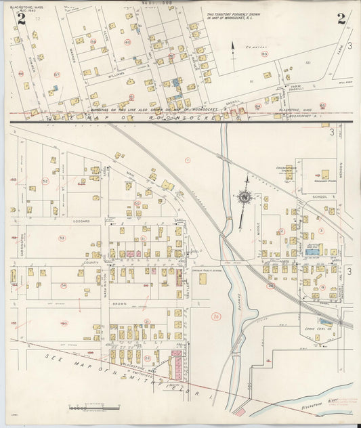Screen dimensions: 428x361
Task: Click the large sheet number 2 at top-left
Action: tap(22, 18)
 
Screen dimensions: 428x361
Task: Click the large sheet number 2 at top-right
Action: tap(341, 18)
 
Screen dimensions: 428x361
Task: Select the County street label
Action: tap(91, 262)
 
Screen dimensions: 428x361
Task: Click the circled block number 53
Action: tap(62, 238)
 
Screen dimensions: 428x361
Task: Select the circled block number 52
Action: tap(45, 181)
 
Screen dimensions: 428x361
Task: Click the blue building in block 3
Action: tap(313, 251)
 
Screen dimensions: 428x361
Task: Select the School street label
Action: tap(320, 196)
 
